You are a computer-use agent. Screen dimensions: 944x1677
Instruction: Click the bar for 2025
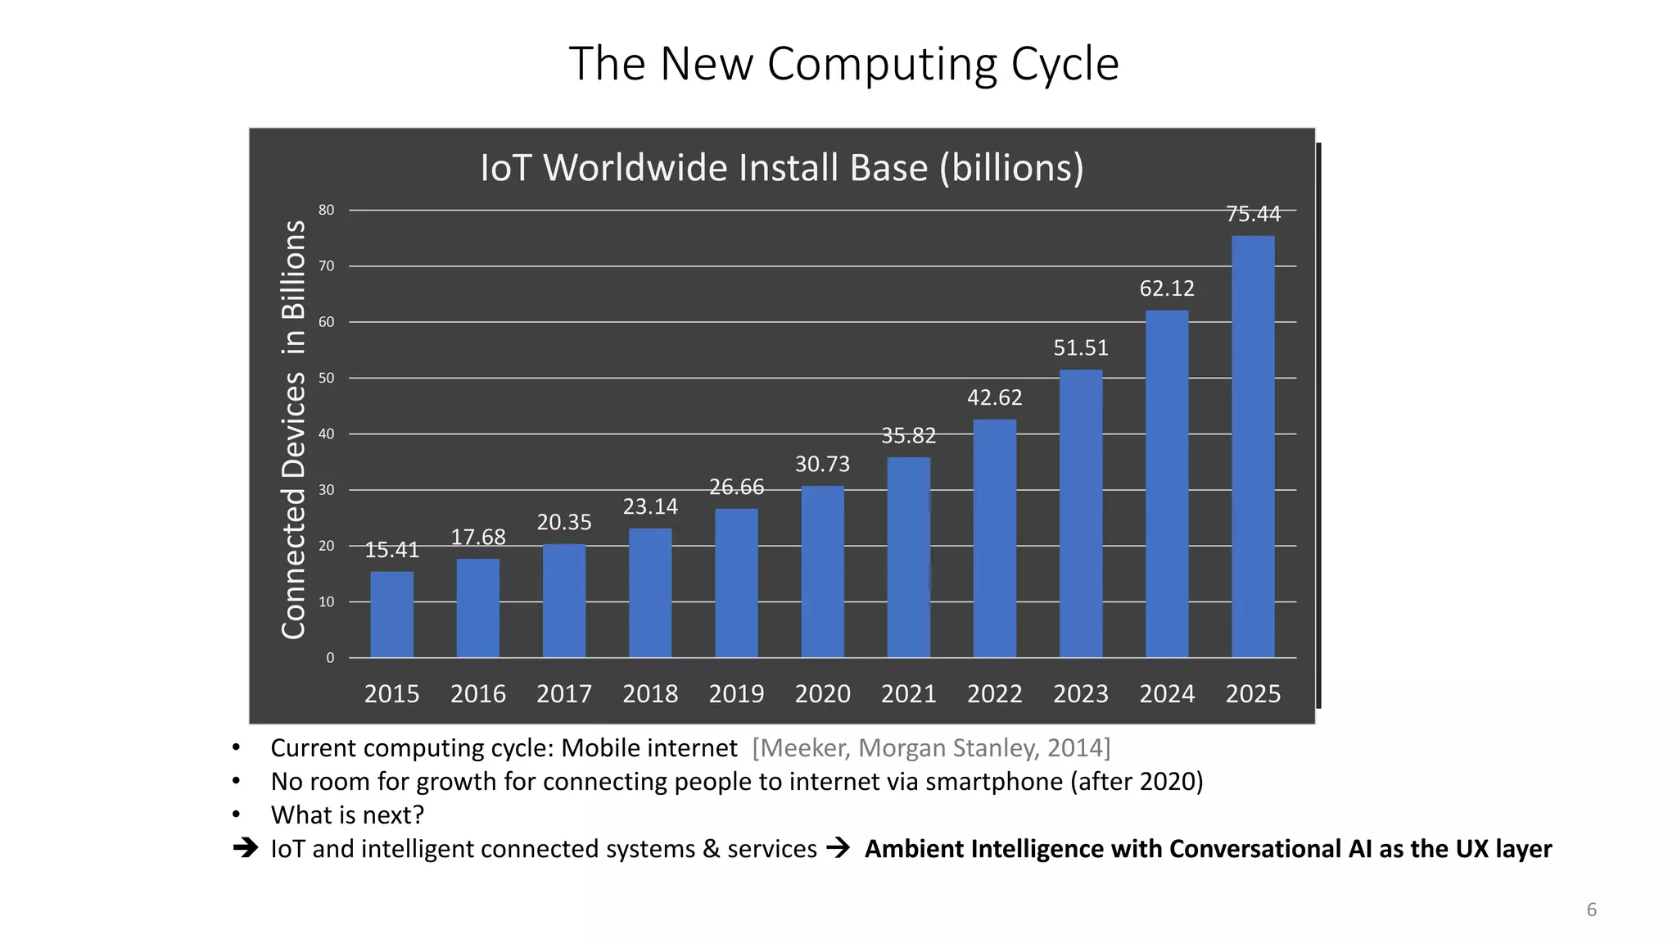[x=1253, y=447]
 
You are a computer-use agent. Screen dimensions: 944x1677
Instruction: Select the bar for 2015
[x=391, y=615]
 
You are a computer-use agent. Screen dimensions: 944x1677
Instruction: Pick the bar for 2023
[x=1081, y=514]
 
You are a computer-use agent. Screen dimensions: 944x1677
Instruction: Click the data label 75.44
[x=1253, y=214]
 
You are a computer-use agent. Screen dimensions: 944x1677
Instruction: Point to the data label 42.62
[x=994, y=397]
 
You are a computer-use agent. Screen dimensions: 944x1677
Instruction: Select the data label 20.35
[x=564, y=522]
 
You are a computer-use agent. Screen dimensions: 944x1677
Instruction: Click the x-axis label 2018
[x=650, y=694]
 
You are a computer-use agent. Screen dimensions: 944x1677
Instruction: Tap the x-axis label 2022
[x=994, y=694]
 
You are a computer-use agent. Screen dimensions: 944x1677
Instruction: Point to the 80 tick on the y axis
[x=327, y=210]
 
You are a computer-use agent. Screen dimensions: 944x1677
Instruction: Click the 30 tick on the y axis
[x=327, y=490]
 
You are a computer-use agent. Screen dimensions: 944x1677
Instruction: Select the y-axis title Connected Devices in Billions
[x=293, y=429]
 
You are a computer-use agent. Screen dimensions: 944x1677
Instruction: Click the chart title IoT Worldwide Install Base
[x=781, y=168]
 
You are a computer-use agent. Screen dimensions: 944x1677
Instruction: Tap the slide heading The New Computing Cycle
[x=843, y=64]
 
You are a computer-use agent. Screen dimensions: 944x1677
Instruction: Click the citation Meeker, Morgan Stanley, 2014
[x=931, y=748]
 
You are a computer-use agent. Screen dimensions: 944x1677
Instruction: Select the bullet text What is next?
[x=347, y=815]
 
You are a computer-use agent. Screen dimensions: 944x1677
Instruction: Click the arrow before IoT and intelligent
[x=245, y=848]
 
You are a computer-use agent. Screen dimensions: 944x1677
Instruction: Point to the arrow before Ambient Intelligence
[x=838, y=848]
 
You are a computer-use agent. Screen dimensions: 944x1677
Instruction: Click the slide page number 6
[x=1591, y=910]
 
